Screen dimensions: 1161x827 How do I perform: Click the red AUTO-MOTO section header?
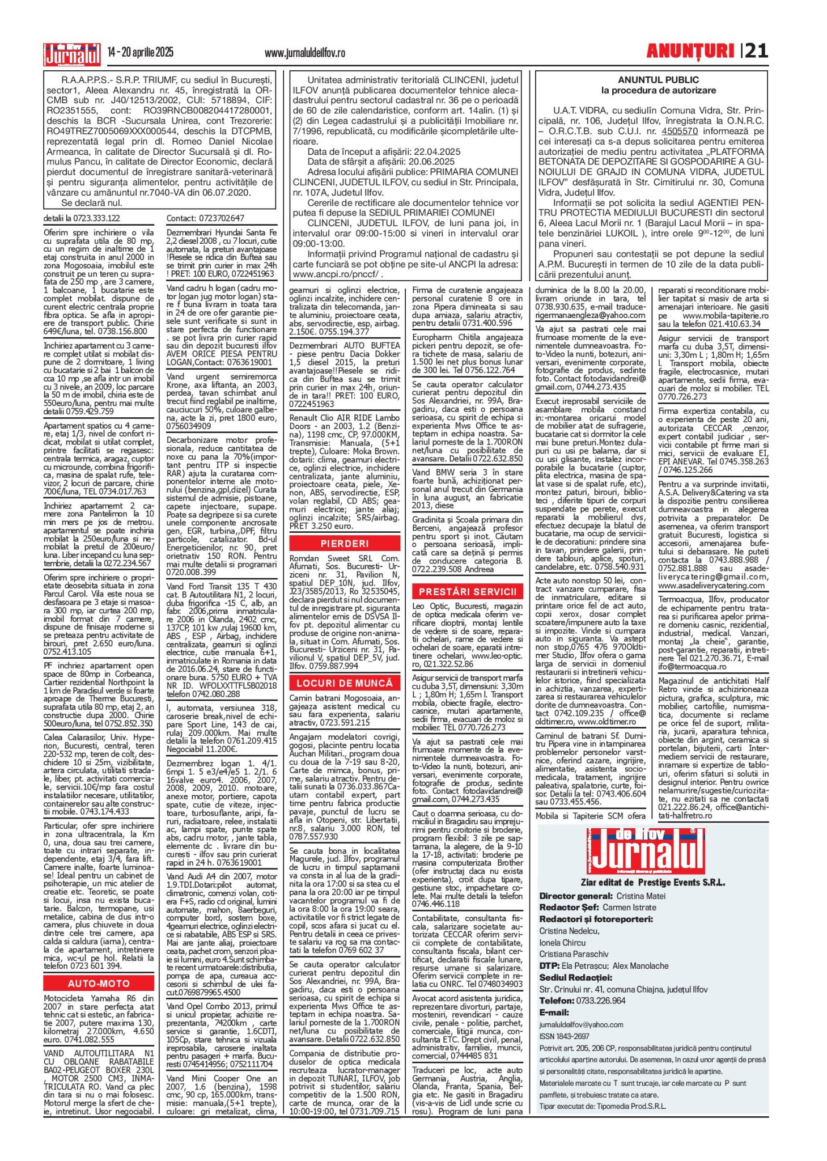(99, 984)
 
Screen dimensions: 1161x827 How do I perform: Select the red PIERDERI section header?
(345, 544)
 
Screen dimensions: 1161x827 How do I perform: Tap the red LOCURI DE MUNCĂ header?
(345, 683)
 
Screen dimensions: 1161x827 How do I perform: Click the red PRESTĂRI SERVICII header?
(468, 591)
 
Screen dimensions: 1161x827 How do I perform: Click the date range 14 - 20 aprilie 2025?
(141, 53)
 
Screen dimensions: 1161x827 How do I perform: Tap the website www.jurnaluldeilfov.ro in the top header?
(304, 53)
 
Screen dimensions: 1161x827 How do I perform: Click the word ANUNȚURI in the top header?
(690, 52)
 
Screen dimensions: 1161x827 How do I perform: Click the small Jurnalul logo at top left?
(72, 54)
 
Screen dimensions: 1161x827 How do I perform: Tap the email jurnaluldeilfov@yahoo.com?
(581, 1024)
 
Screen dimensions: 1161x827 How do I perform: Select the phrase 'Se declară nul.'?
(91, 202)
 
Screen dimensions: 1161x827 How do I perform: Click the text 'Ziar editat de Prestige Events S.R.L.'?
(652, 883)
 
